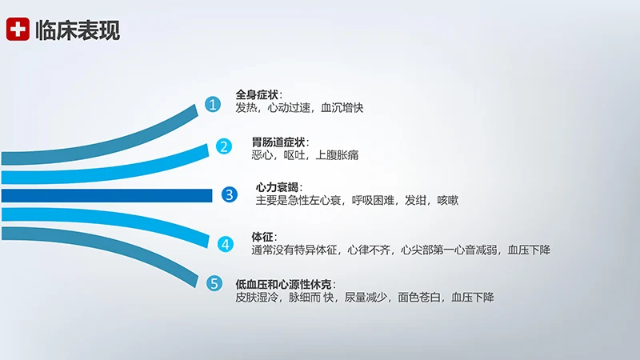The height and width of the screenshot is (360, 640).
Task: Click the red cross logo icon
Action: pos(17,30)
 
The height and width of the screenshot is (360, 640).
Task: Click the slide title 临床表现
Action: pos(78,30)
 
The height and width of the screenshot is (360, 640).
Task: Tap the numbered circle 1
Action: pos(212,105)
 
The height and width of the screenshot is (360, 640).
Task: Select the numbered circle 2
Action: pos(224,146)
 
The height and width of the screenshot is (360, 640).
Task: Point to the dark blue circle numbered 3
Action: pos(229,194)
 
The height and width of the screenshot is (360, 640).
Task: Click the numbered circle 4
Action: pos(226,243)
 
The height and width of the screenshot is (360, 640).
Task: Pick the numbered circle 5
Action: pos(214,282)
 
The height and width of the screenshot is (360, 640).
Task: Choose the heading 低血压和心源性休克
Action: pos(283,284)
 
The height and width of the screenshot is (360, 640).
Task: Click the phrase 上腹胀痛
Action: pos(338,155)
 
